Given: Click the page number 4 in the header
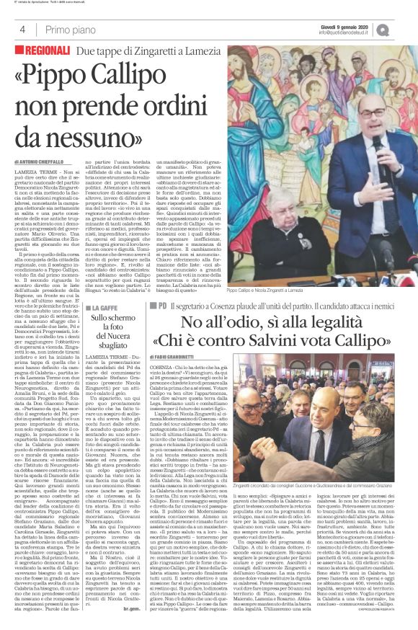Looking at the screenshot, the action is click(x=24, y=30).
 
